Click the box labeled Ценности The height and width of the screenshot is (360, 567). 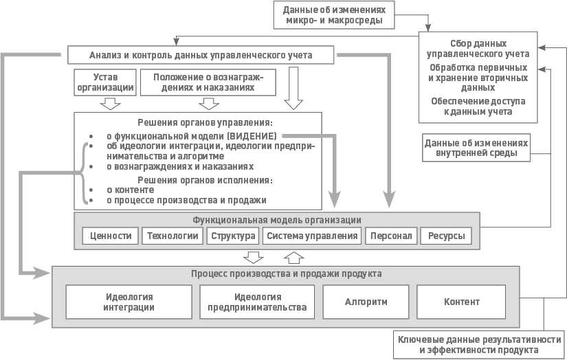click(111, 236)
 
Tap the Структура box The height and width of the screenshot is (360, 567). click(233, 236)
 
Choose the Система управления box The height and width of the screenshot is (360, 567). click(313, 236)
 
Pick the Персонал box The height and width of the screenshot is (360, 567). click(391, 236)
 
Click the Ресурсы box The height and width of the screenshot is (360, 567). click(446, 236)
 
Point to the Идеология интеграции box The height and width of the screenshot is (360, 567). click(129, 302)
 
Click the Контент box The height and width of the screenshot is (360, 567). click(462, 302)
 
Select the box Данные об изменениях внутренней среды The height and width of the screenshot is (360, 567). click(476, 148)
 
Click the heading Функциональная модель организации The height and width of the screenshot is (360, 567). click(277, 220)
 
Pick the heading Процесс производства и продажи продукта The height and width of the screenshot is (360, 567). click(286, 273)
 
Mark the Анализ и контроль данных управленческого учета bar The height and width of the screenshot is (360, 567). click(201, 55)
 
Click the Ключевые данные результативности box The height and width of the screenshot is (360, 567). click(479, 345)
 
